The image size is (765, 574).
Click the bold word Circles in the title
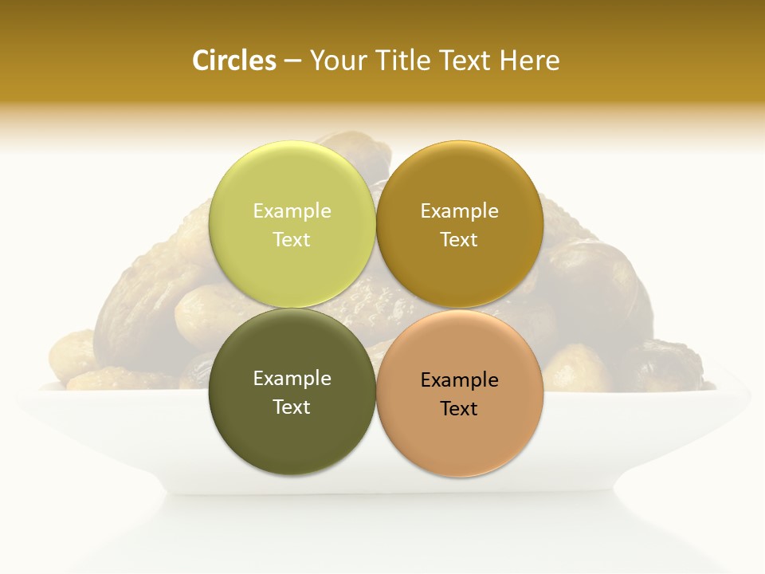233,61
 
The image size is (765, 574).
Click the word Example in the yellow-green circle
292,210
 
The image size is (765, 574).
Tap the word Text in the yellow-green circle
292,239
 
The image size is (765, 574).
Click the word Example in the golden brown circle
460,210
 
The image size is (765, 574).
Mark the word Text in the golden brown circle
460,239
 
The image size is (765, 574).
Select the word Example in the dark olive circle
292,378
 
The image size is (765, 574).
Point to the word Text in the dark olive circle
292,407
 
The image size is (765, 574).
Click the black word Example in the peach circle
460,379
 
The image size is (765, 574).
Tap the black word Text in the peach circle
460,408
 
